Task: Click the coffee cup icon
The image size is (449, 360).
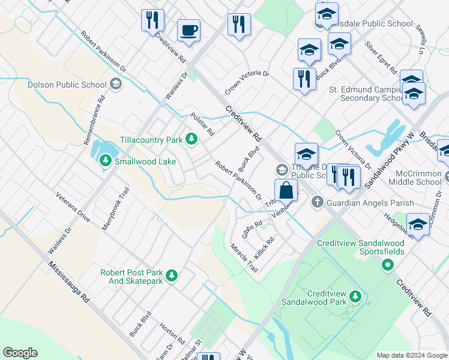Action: pyautogui.click(x=188, y=30)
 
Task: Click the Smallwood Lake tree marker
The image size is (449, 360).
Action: pyautogui.click(x=106, y=161)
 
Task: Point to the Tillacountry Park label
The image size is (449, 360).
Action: pyautogui.click(x=151, y=140)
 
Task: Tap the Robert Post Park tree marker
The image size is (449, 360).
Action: pyautogui.click(x=172, y=275)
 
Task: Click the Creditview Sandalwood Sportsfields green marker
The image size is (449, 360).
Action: pyautogui.click(x=388, y=265)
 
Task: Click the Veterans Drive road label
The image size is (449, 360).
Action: pyautogui.click(x=73, y=208)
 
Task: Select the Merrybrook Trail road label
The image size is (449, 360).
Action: pyautogui.click(x=117, y=208)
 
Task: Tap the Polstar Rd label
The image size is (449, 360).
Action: pyautogui.click(x=202, y=124)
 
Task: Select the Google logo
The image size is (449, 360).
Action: pyautogui.click(x=20, y=353)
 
